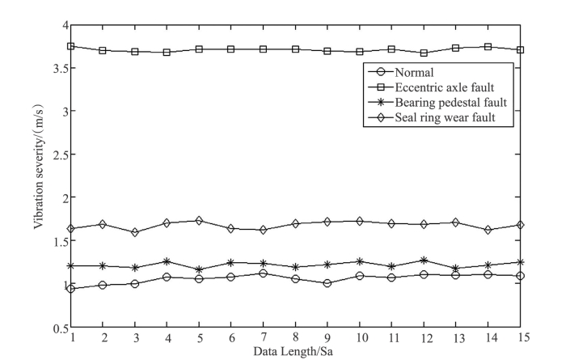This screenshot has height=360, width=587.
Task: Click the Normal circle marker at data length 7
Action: click(263, 273)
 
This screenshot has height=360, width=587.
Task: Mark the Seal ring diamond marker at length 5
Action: click(199, 221)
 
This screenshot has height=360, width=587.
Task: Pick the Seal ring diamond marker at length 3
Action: click(134, 232)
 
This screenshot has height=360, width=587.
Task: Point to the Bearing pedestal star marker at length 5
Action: click(199, 269)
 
